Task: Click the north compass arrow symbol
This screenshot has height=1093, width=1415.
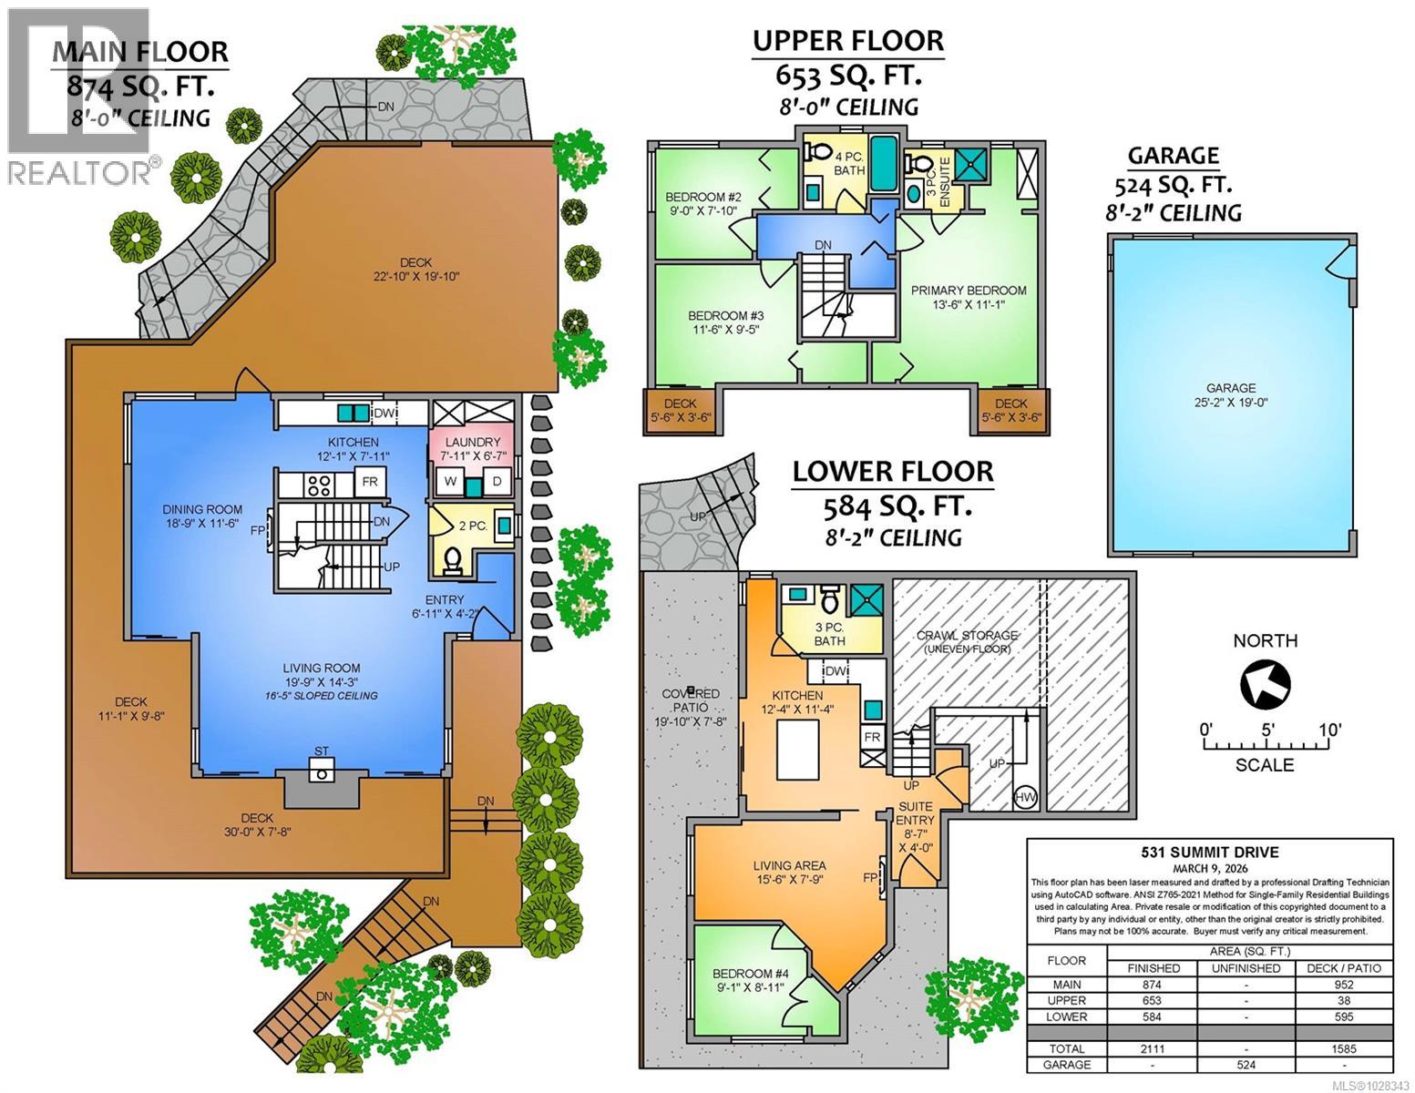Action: coord(1266,684)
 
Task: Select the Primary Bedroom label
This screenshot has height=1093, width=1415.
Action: coord(969,291)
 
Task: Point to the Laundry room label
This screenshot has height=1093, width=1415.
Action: coord(471,442)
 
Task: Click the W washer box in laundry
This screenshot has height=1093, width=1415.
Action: coord(450,481)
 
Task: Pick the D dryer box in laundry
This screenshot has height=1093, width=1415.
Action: coord(497,481)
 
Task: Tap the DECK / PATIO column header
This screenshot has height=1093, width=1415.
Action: coord(1343,968)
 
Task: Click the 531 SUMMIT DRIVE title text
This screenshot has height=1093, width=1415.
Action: coord(1209,853)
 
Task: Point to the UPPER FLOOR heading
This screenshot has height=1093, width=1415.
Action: coord(847,41)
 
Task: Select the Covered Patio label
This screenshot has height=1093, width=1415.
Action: coord(690,694)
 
